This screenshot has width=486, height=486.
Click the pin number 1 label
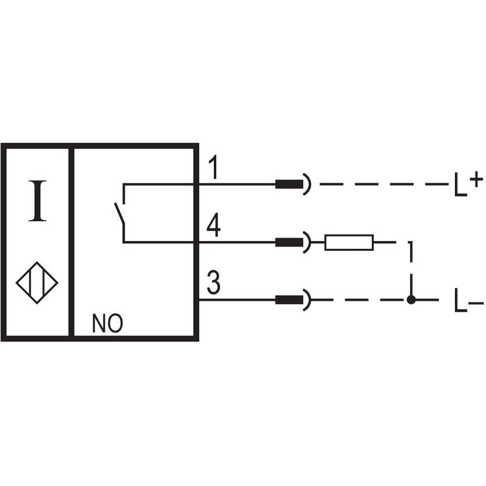(x=214, y=168)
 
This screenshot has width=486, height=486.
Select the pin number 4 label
(x=214, y=225)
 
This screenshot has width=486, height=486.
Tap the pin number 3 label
(x=214, y=282)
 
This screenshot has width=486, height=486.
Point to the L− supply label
(x=468, y=300)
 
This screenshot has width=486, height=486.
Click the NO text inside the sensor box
(x=108, y=324)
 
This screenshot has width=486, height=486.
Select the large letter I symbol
(x=38, y=201)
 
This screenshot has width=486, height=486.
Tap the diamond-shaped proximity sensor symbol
(x=37, y=282)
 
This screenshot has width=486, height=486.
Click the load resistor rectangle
(x=349, y=242)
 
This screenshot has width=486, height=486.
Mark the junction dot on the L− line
(x=411, y=300)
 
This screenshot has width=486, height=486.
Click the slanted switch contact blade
(x=120, y=213)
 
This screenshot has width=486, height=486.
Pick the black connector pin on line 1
(x=289, y=185)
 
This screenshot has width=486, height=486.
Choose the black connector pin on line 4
(x=289, y=242)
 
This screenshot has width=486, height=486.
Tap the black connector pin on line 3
(x=289, y=300)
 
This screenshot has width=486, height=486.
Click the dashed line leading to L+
(x=385, y=185)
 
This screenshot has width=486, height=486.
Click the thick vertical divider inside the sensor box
(x=71, y=242)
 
